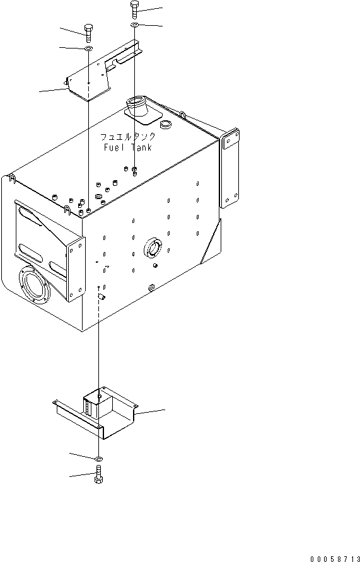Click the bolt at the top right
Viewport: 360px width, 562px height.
tap(134, 9)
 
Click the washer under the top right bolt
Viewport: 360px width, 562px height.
tap(134, 25)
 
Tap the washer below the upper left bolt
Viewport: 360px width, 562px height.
tap(88, 49)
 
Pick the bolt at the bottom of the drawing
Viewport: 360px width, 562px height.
tap(98, 475)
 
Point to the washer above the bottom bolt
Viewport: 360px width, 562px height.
tap(98, 459)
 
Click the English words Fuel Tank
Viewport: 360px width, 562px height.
tap(127, 147)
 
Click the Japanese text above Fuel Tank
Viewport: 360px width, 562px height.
tap(127, 137)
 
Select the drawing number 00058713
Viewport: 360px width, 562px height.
tap(335, 558)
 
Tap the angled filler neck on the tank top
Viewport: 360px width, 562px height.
tap(139, 108)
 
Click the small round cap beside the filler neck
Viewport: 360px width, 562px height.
tap(165, 125)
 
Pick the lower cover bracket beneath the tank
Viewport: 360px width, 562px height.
tap(96, 412)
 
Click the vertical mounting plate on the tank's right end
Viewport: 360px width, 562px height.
tap(230, 168)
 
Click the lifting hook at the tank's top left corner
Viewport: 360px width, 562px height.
tap(12, 178)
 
